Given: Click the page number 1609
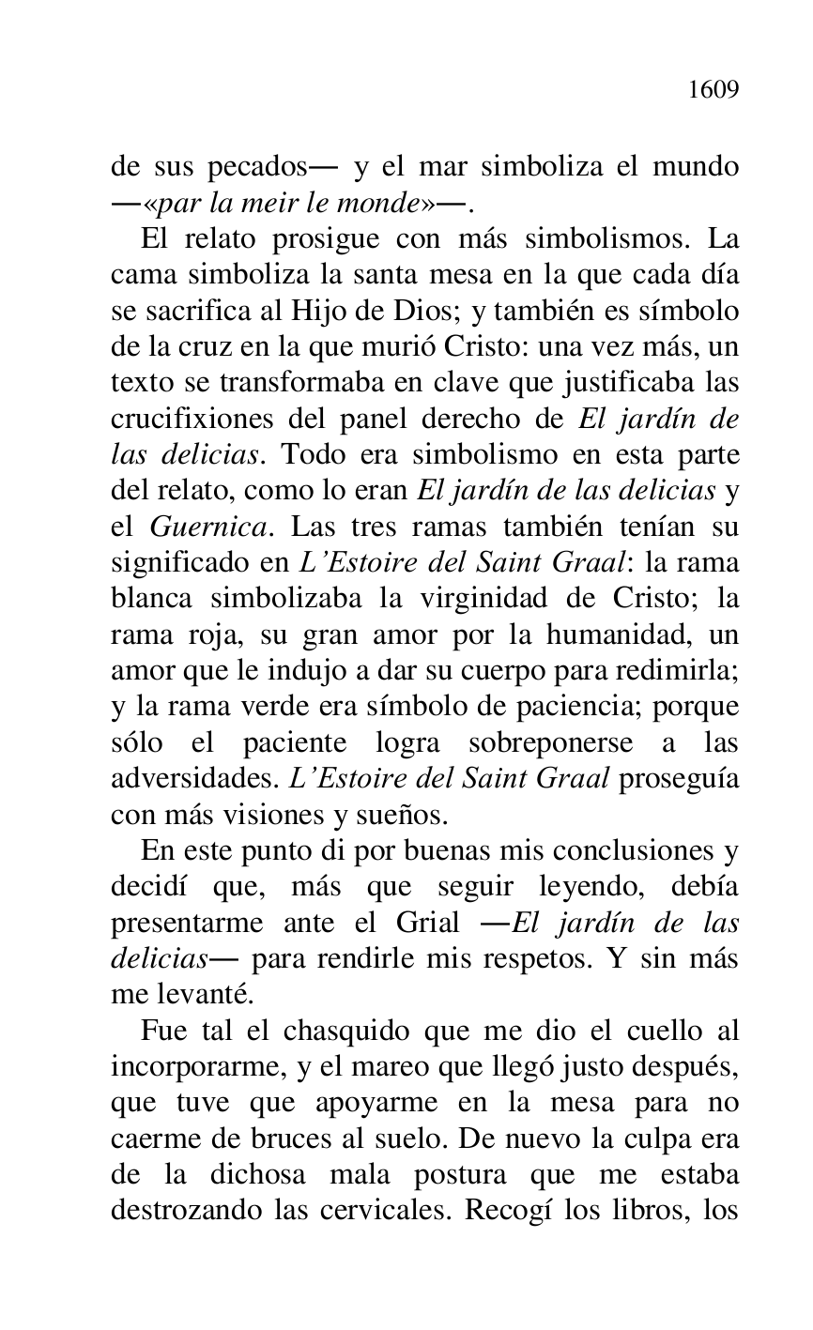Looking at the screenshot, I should point(713,90).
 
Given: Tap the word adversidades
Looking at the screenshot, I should point(188,778).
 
